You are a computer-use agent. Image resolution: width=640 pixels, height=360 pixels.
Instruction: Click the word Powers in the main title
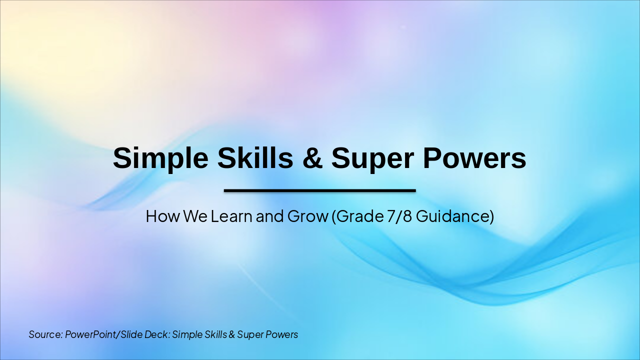click(474, 158)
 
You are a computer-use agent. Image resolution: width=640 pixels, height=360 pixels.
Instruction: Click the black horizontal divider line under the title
click(320, 190)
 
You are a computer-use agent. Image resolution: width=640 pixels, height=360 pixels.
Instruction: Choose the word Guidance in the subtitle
click(453, 216)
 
